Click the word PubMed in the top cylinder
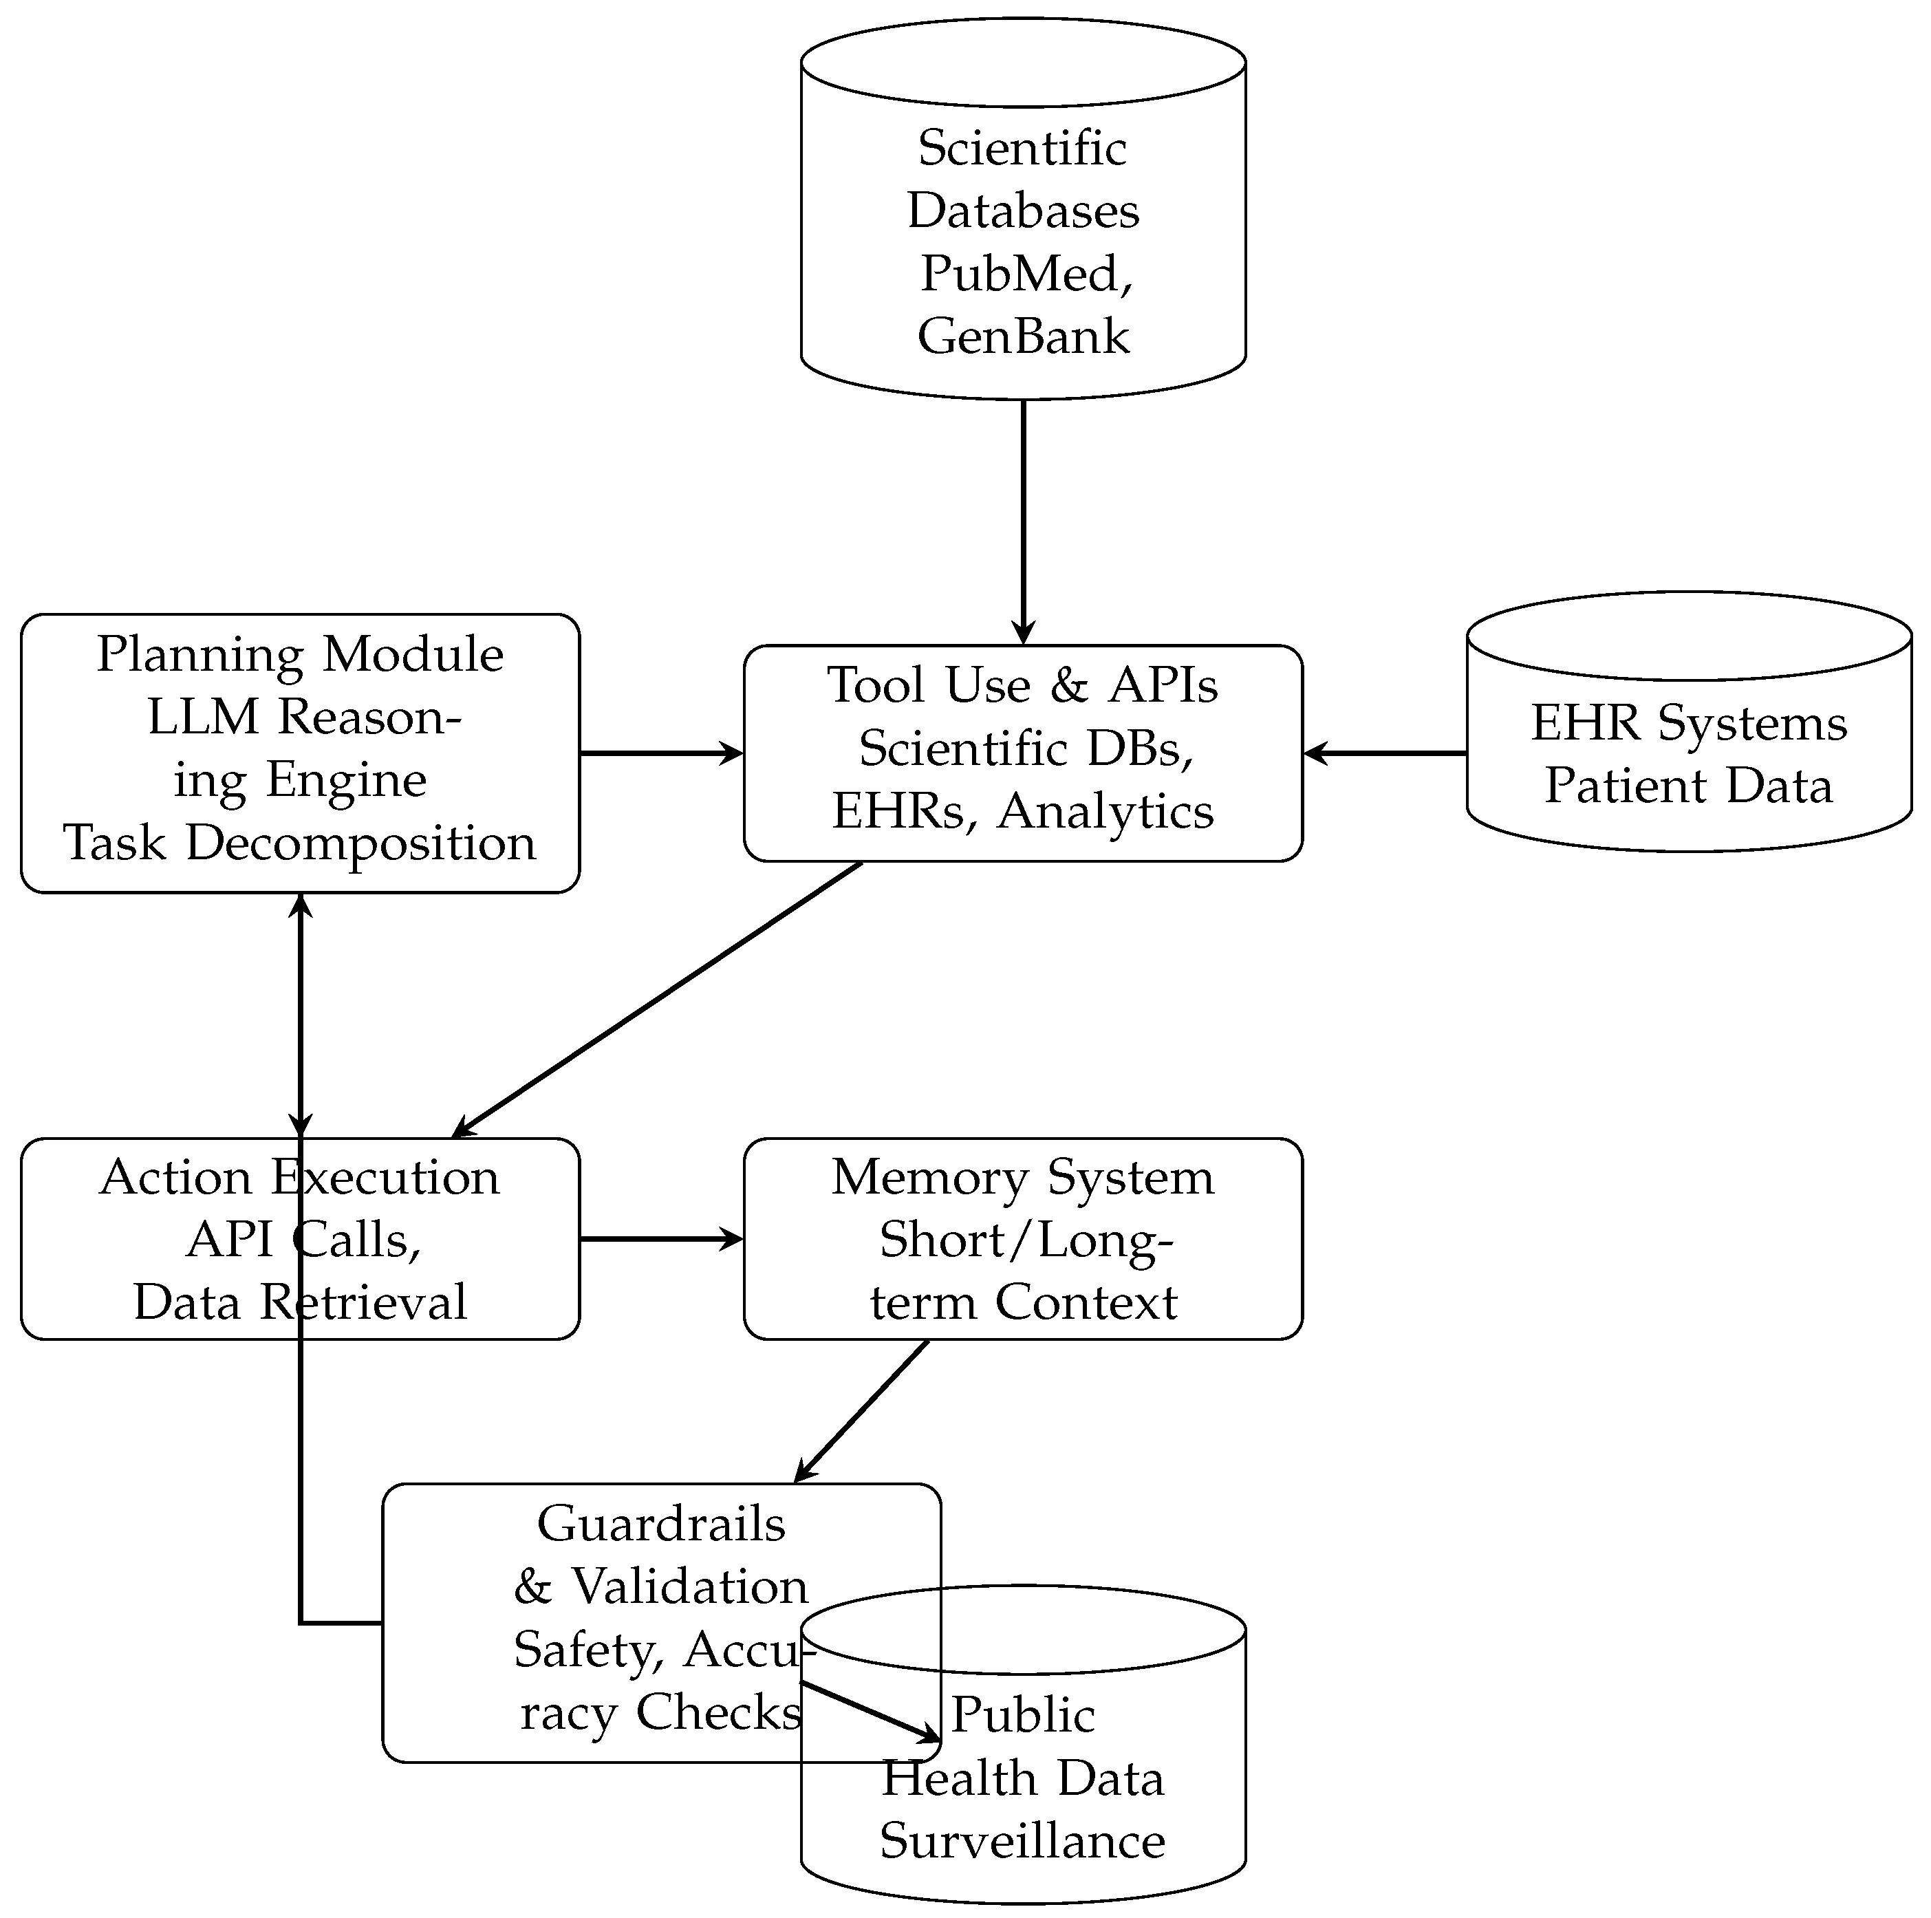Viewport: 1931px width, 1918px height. click(1019, 274)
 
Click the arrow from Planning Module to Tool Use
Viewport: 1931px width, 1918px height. click(660, 753)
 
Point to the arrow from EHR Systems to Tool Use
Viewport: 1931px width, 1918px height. click(1384, 753)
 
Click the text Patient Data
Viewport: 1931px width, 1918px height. click(1688, 786)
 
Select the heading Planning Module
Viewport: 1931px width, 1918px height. click(300, 655)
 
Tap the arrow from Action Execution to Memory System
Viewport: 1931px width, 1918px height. click(660, 1240)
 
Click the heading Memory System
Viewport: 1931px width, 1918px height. click(1022, 1177)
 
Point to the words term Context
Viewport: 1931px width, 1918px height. click(1022, 1302)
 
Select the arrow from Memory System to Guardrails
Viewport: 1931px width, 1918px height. click(861, 1411)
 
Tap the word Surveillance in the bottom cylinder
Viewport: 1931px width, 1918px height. click(1022, 1841)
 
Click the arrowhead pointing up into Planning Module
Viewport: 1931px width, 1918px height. click(301, 905)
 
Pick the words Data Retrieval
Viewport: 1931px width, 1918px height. click(300, 1302)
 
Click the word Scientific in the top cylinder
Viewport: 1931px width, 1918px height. click(1022, 149)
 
